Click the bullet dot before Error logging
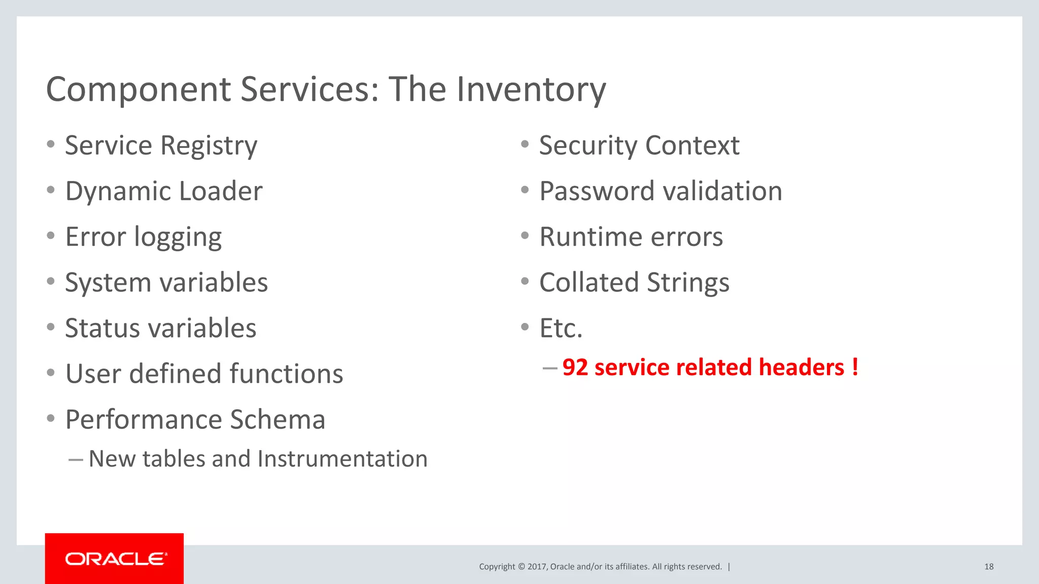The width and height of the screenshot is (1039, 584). [x=50, y=236]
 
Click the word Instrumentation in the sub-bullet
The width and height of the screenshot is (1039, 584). [x=342, y=459]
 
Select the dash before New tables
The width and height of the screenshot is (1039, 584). [x=76, y=460]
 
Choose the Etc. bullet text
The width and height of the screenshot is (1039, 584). [x=561, y=328]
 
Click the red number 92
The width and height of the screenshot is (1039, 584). [x=575, y=368]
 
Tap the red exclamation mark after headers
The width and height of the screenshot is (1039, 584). [x=855, y=367]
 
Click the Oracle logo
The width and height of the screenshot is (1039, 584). [x=115, y=559]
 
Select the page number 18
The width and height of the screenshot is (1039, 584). [x=989, y=567]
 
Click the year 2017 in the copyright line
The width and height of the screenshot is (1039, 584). [x=537, y=567]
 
